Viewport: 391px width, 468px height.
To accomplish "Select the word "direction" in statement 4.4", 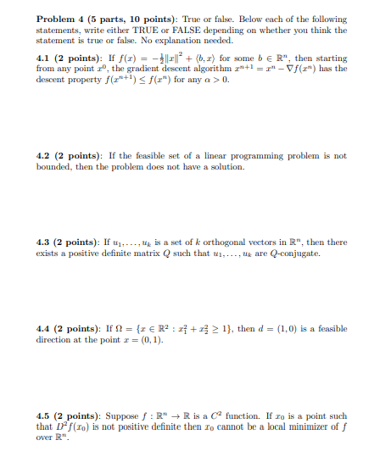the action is [56, 339].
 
